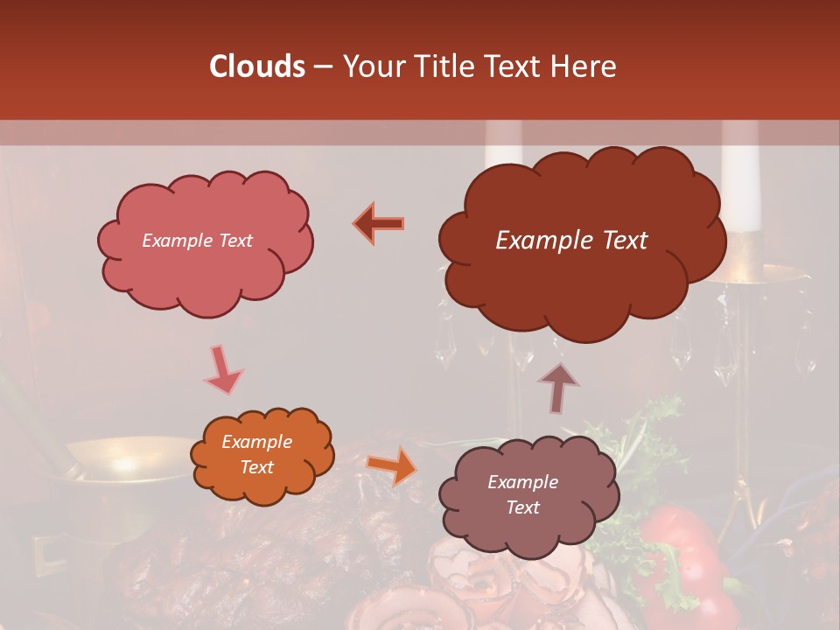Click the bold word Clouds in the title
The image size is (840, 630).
coord(257,66)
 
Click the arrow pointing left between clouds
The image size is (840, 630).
coord(379,223)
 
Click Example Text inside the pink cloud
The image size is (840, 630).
coord(197,241)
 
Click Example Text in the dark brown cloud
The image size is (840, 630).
coord(571,241)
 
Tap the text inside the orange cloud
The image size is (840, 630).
coord(256,455)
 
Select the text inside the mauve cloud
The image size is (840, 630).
coord(522,494)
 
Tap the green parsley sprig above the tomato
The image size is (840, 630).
coord(652,420)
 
